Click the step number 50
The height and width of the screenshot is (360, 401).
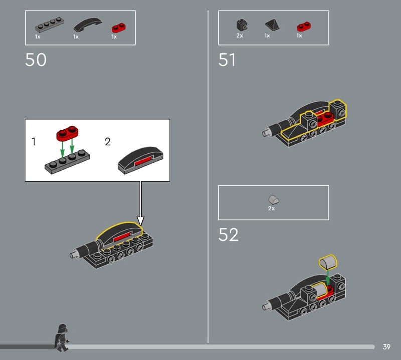pos(36,60)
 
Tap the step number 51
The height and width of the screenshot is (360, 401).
pos(227,60)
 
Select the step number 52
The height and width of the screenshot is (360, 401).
pos(228,234)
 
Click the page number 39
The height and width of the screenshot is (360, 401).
pos(386,347)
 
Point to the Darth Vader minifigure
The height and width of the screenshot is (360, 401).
pos(62,338)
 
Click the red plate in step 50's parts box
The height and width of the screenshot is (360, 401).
pos(119,28)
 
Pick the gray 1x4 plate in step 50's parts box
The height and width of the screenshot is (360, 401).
pos(49,25)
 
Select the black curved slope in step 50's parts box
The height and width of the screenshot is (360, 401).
pos(88,24)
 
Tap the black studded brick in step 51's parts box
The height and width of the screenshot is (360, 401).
pos(242,25)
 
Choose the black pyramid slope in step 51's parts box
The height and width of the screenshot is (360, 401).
pos(272,25)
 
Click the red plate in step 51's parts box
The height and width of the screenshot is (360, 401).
pos(304,27)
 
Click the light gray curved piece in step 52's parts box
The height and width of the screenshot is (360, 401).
pos(273,200)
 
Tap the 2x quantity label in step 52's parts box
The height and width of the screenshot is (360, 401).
pos(271,208)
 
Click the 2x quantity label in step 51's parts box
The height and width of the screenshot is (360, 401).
pos(240,35)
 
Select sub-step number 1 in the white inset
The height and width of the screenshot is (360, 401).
pos(33,141)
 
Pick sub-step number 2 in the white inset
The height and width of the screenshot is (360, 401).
pos(108,141)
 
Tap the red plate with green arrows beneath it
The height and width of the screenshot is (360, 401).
pos(67,133)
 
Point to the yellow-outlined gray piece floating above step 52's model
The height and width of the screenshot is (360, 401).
pos(328,262)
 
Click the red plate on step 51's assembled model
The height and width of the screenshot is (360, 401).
pos(325,119)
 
